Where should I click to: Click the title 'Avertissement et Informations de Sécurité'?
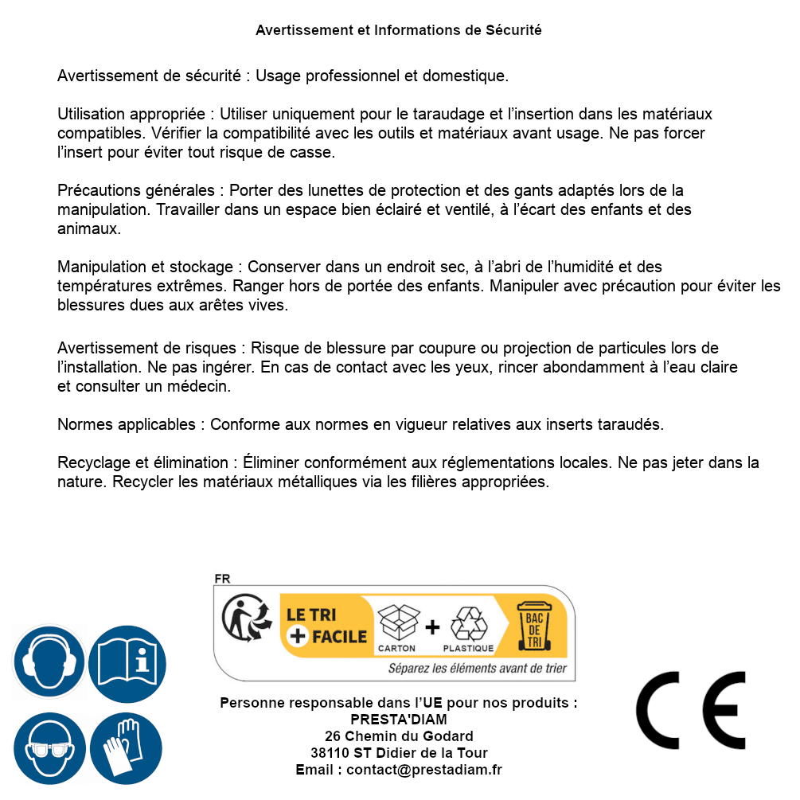click(x=398, y=30)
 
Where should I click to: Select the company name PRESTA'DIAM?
click(x=399, y=719)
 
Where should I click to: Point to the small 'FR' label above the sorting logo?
click(x=223, y=579)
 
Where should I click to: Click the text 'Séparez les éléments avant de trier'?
click(x=477, y=668)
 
